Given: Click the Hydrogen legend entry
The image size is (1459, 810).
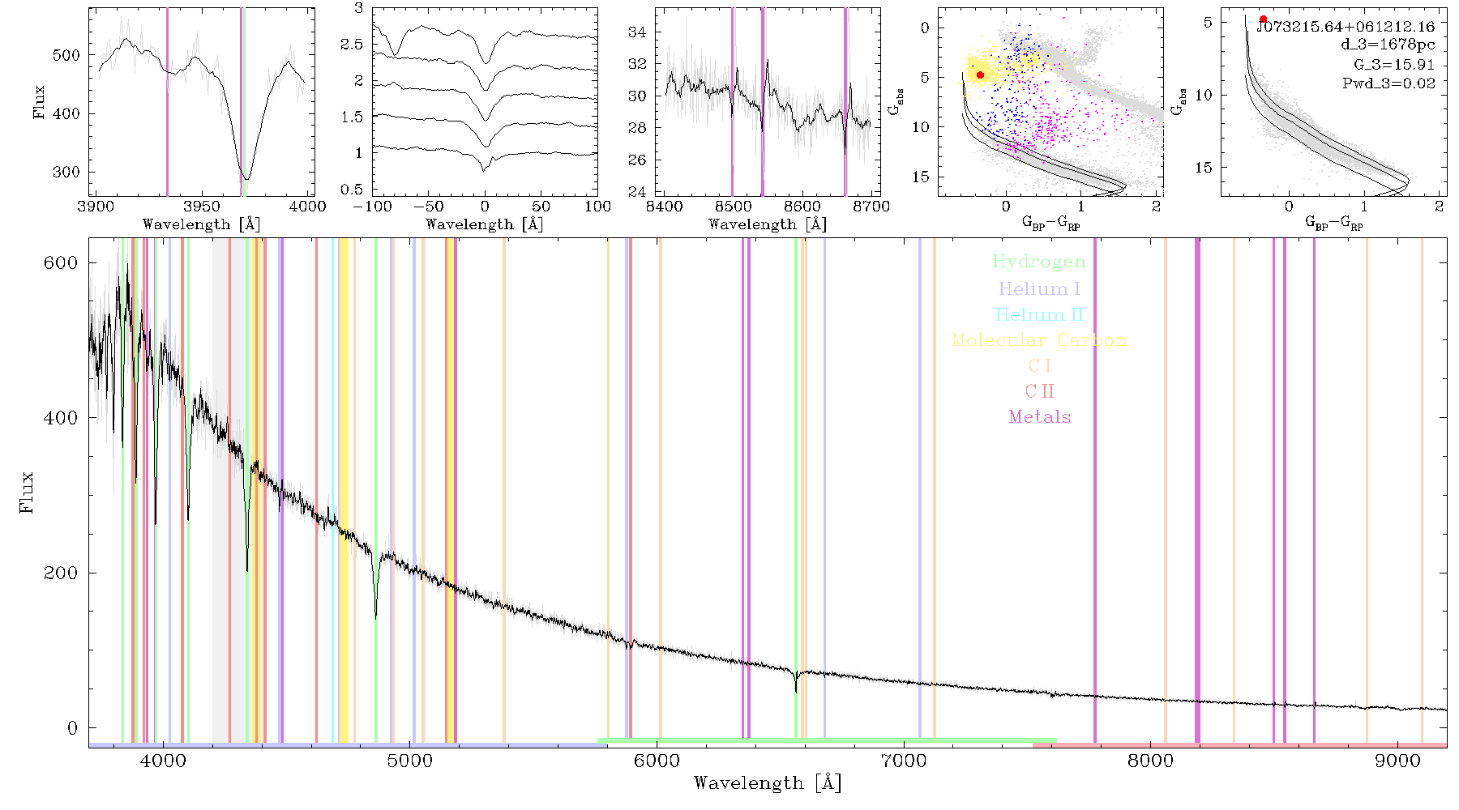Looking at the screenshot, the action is pyautogui.click(x=1039, y=262).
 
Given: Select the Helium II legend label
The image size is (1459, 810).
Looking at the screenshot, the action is pyautogui.click(x=1039, y=314).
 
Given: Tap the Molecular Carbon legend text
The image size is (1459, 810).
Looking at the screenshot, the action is pyautogui.click(x=1039, y=340).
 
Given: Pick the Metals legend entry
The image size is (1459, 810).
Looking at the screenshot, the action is pyautogui.click(x=1040, y=417).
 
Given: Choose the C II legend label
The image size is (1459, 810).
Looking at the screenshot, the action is pyautogui.click(x=1040, y=391).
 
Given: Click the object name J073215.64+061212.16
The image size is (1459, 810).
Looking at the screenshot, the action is pyautogui.click(x=1346, y=27).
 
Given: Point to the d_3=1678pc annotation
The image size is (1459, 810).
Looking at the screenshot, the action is pyautogui.click(x=1388, y=45).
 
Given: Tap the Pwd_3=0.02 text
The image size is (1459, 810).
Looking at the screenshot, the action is pyautogui.click(x=1388, y=83).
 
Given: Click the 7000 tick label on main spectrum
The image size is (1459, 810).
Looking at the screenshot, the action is pyautogui.click(x=904, y=761).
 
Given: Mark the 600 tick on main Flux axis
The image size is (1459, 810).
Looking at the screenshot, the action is pyautogui.click(x=60, y=262).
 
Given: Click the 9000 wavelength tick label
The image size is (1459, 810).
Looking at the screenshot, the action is pyautogui.click(x=1397, y=761).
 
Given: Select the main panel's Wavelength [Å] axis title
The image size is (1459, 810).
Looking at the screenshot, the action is pyautogui.click(x=768, y=783).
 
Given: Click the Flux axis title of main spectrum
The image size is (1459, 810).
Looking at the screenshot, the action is pyautogui.click(x=28, y=492).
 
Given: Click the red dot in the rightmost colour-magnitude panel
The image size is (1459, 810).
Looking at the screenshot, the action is pyautogui.click(x=1263, y=19).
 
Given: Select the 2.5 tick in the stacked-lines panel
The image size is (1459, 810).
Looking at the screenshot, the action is pyautogui.click(x=352, y=45).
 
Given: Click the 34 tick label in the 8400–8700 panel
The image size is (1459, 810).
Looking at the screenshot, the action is pyautogui.click(x=638, y=32).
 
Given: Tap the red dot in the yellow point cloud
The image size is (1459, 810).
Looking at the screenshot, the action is pyautogui.click(x=980, y=75).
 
